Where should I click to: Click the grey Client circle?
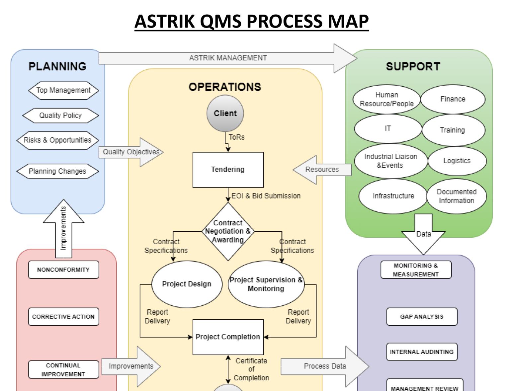point(225,113)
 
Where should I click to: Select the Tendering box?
point(228,170)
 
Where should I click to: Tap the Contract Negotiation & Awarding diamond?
point(228,231)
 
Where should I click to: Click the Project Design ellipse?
point(187,284)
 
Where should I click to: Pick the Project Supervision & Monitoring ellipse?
point(266,284)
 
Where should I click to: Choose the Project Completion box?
point(228,337)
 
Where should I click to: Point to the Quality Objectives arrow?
point(131,152)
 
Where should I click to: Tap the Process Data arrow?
point(325,366)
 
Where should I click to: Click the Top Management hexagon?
point(63,90)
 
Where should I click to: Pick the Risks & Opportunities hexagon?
point(57,140)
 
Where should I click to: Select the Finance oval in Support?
point(453,99)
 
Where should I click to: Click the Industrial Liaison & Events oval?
point(390,161)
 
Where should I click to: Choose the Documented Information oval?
point(457,196)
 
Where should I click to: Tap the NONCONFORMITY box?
point(63,270)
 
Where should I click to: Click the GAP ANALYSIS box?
point(422,317)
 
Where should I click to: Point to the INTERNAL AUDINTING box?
point(422,352)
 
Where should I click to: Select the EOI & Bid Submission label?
point(266,196)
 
